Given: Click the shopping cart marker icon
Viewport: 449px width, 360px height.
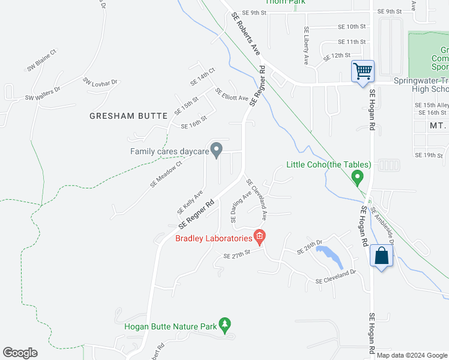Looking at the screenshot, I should [363, 71].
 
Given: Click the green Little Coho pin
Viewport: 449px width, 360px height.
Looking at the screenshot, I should [357, 176].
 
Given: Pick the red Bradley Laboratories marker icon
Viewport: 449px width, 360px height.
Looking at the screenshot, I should [259, 236].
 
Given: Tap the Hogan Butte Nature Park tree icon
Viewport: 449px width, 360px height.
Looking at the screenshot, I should [225, 324].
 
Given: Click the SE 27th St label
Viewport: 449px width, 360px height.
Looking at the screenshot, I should [236, 256].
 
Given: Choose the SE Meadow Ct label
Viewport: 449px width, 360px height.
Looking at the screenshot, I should [166, 174].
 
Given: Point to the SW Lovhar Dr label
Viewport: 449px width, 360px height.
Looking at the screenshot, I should [100, 83].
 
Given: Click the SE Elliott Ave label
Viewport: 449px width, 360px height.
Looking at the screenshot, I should [232, 94].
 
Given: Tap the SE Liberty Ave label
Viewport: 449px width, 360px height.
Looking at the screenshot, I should [306, 46].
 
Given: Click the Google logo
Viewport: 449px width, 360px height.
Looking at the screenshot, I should [20, 353].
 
